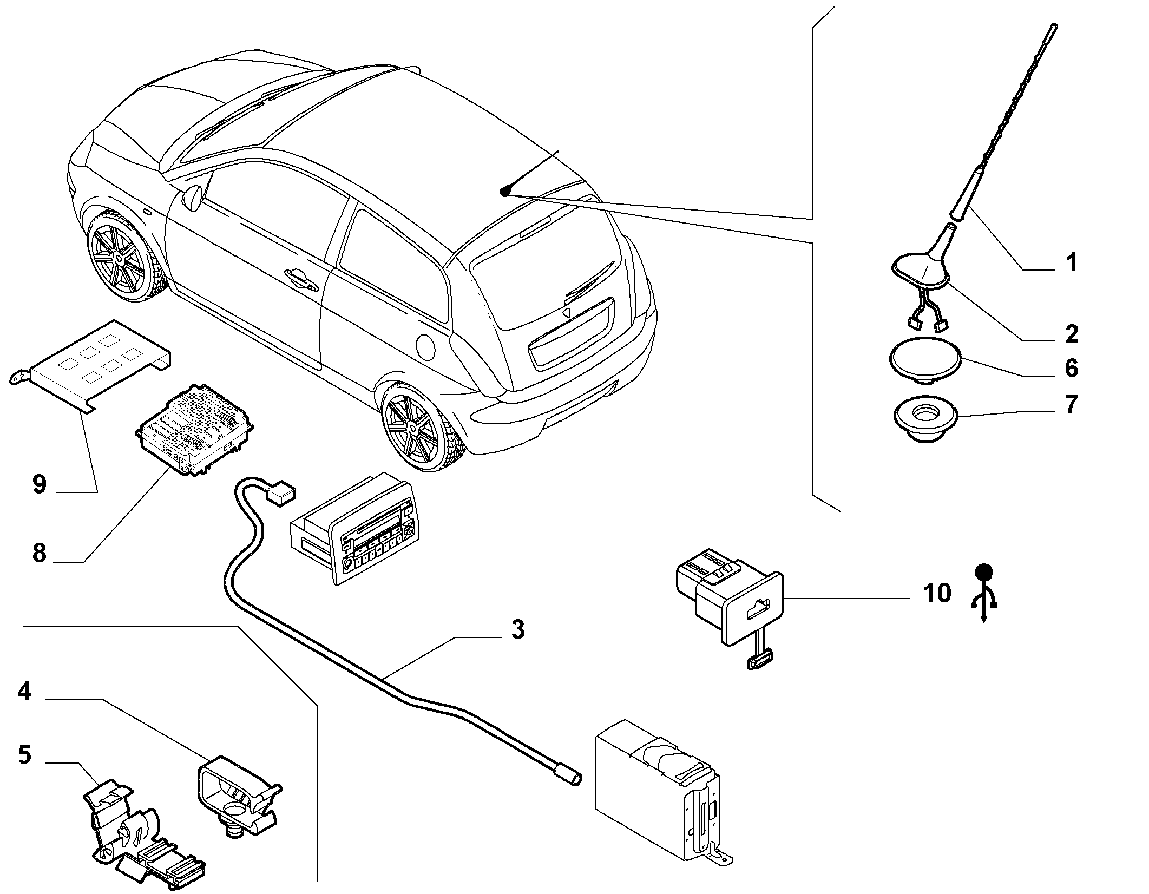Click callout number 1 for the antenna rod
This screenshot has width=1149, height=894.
pyautogui.click(x=1071, y=263)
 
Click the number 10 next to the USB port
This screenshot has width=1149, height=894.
pyautogui.click(x=937, y=594)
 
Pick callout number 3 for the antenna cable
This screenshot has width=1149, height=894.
pyautogui.click(x=518, y=630)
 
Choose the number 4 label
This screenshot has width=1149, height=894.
pyautogui.click(x=24, y=691)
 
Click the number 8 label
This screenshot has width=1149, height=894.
pyautogui.click(x=40, y=554)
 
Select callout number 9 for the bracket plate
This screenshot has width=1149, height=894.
pyautogui.click(x=40, y=484)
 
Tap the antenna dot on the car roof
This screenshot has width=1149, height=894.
pyautogui.click(x=505, y=190)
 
